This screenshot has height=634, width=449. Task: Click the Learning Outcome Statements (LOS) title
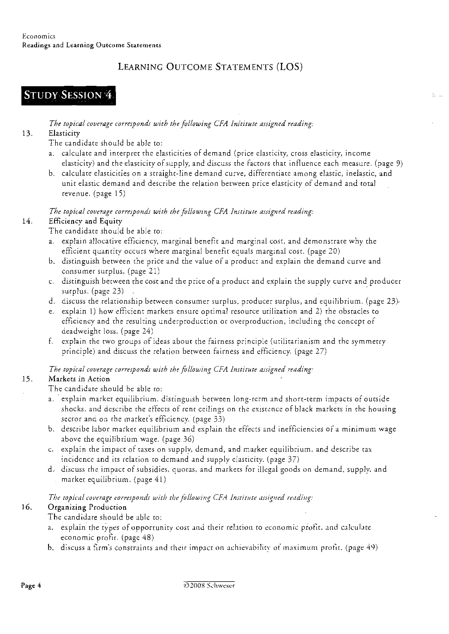pyautogui.click(x=210, y=67)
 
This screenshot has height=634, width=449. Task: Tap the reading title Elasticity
pyautogui.click(x=64, y=133)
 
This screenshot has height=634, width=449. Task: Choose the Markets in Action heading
pyautogui.click(x=79, y=379)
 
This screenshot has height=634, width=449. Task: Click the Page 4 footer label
pyautogui.click(x=31, y=586)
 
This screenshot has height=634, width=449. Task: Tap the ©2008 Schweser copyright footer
pyautogui.click(x=209, y=586)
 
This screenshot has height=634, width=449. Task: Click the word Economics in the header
pyautogui.click(x=39, y=36)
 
